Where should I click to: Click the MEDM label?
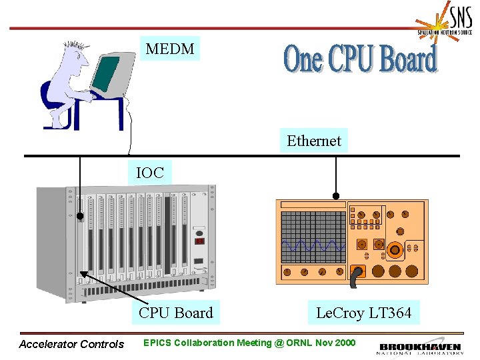170,49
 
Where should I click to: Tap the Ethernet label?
313,141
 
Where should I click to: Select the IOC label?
149,173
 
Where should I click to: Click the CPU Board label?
176,313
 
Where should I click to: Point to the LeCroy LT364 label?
364,313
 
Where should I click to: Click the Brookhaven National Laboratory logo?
420,348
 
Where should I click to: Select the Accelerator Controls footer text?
71,345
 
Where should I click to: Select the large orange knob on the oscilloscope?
395,250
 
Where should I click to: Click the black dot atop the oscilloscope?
337,196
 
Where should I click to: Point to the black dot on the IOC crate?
80,216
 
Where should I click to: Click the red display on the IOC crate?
199,241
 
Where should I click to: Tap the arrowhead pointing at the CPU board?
84,273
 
